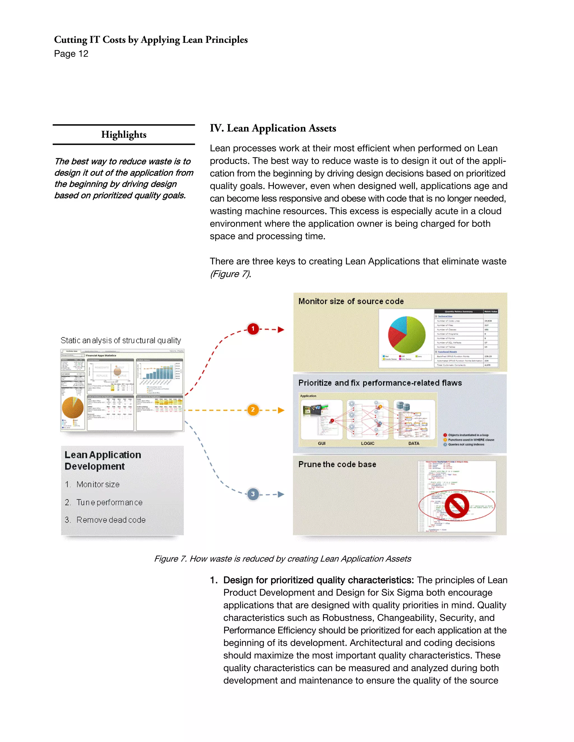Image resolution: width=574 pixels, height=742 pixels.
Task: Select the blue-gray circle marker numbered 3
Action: (253, 494)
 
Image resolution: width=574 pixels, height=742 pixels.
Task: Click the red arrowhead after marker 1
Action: (281, 330)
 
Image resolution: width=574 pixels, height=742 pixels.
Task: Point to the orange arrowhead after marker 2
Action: (281, 410)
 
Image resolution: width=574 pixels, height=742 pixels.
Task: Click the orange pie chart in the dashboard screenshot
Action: (72, 407)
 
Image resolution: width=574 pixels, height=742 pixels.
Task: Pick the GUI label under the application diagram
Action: (321, 443)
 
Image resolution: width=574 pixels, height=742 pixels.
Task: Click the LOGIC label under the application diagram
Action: (368, 443)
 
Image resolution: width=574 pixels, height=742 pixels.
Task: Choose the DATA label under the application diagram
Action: (413, 443)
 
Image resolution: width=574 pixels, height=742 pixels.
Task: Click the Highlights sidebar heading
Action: (124, 134)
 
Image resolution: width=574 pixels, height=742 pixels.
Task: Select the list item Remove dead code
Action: (111, 520)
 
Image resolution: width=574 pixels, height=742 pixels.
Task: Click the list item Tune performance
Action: (109, 502)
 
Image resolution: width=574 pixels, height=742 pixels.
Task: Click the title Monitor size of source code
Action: (351, 301)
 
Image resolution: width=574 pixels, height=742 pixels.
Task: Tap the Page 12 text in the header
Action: (71, 54)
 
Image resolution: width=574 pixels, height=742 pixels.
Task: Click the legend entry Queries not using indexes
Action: (466, 444)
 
